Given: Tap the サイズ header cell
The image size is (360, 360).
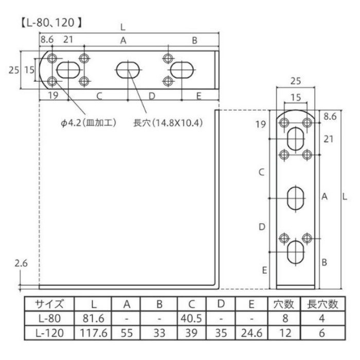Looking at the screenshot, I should coord(48,304).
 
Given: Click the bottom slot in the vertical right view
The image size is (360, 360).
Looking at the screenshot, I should coord(295,251).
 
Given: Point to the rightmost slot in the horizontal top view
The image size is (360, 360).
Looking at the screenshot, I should coord(182,69).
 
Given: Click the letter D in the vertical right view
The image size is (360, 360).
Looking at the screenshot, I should coord(262,226).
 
